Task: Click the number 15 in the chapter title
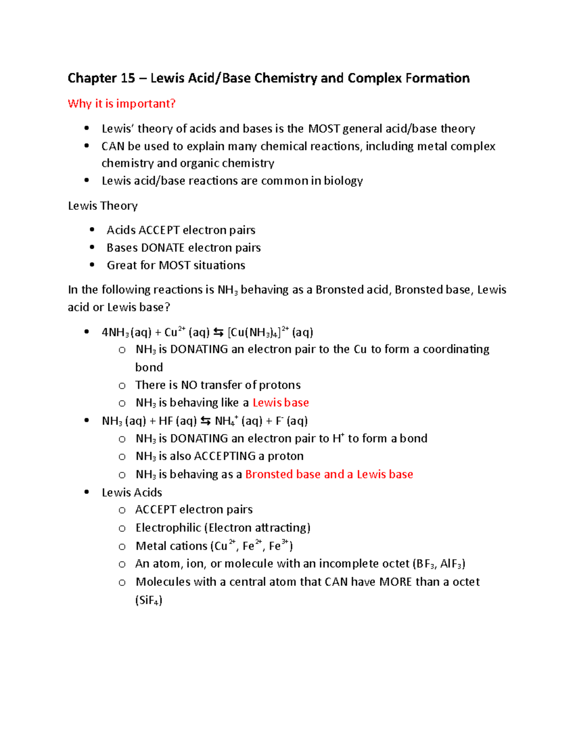point(128,78)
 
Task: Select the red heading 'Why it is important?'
point(122,103)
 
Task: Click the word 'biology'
point(343,181)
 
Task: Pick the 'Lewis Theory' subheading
point(103,206)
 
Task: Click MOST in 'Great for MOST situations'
point(174,265)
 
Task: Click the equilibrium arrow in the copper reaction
point(218,332)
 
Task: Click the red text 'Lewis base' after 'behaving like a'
point(281,403)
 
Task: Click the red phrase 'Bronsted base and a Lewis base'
point(329,474)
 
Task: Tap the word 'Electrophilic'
point(168,528)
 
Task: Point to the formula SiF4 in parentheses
point(149,600)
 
